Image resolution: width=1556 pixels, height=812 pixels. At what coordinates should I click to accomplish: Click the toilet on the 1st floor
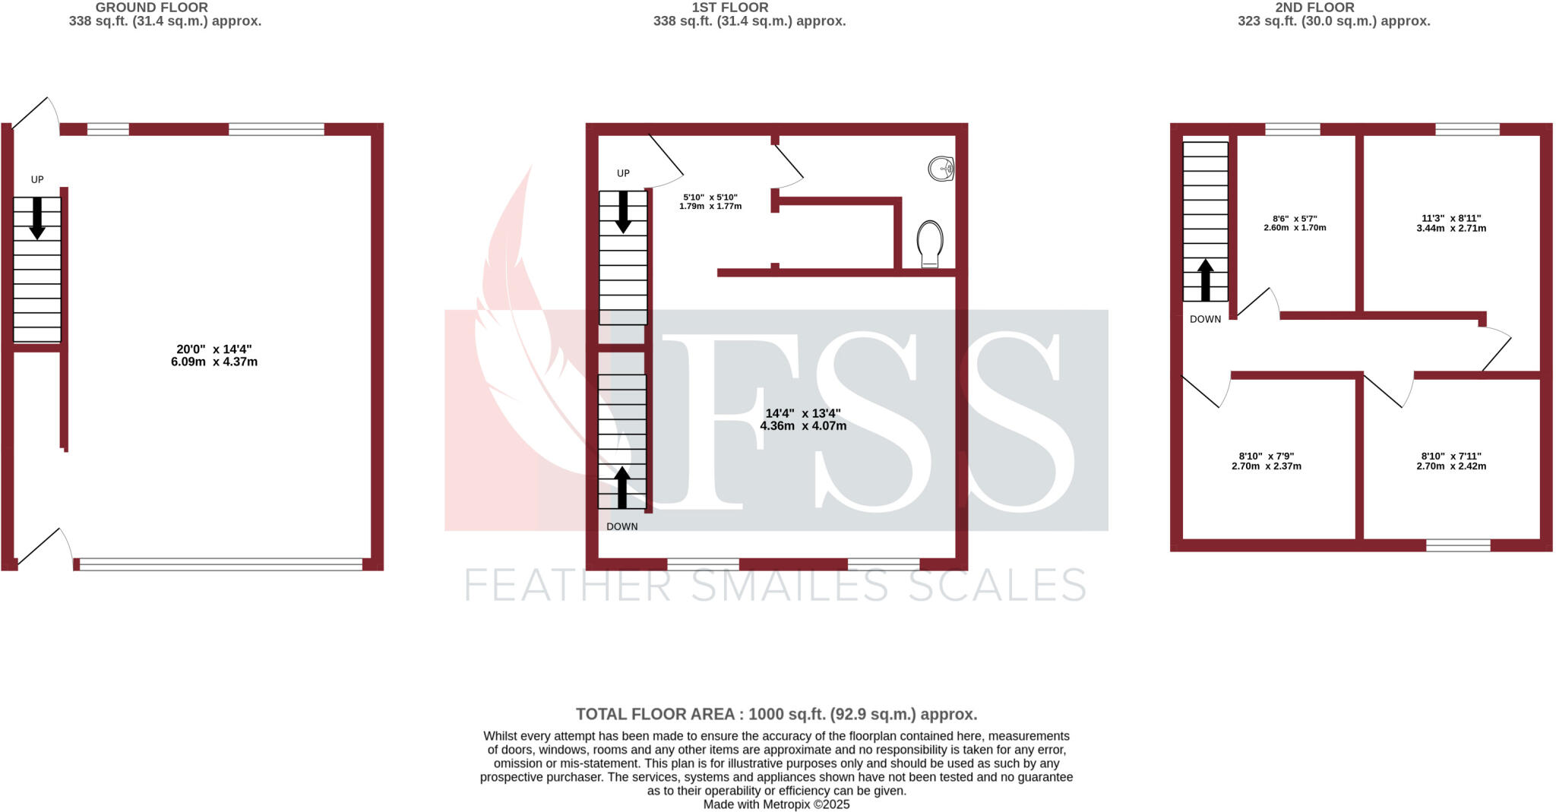pos(931,243)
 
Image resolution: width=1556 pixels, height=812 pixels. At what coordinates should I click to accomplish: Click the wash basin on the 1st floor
pos(941,169)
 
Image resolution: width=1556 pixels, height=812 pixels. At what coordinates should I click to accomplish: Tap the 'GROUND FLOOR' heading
pos(151,8)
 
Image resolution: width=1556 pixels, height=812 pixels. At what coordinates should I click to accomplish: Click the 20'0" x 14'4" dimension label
pos(213,355)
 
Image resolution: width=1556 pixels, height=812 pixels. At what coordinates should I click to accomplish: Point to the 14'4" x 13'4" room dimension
pos(802,419)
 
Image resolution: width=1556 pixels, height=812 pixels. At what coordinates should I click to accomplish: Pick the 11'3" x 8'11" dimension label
pos(1451,223)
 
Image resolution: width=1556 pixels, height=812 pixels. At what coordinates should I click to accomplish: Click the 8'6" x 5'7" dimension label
pos(1295,223)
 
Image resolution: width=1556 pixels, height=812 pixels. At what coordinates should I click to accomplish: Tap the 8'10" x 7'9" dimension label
pos(1266,461)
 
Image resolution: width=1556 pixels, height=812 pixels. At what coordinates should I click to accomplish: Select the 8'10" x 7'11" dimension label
pos(1451,461)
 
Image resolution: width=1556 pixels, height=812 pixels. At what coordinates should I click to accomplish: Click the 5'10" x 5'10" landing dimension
pos(710,201)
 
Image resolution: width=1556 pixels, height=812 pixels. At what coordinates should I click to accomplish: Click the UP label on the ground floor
pos(37,180)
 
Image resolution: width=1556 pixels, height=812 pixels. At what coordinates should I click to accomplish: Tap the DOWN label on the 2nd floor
pos(1205,319)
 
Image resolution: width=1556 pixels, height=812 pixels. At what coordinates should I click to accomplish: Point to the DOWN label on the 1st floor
pos(621,526)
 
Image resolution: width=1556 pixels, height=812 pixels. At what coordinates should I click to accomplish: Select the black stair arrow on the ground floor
pos(36,219)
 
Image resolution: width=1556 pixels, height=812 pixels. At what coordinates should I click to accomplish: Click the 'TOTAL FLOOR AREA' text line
pos(776,714)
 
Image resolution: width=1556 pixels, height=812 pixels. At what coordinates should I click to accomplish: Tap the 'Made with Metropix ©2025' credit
pos(776,804)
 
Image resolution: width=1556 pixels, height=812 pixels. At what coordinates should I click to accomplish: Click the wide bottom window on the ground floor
pos(220,564)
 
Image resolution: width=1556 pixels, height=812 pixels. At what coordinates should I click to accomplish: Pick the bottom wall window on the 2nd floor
pos(1457,545)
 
